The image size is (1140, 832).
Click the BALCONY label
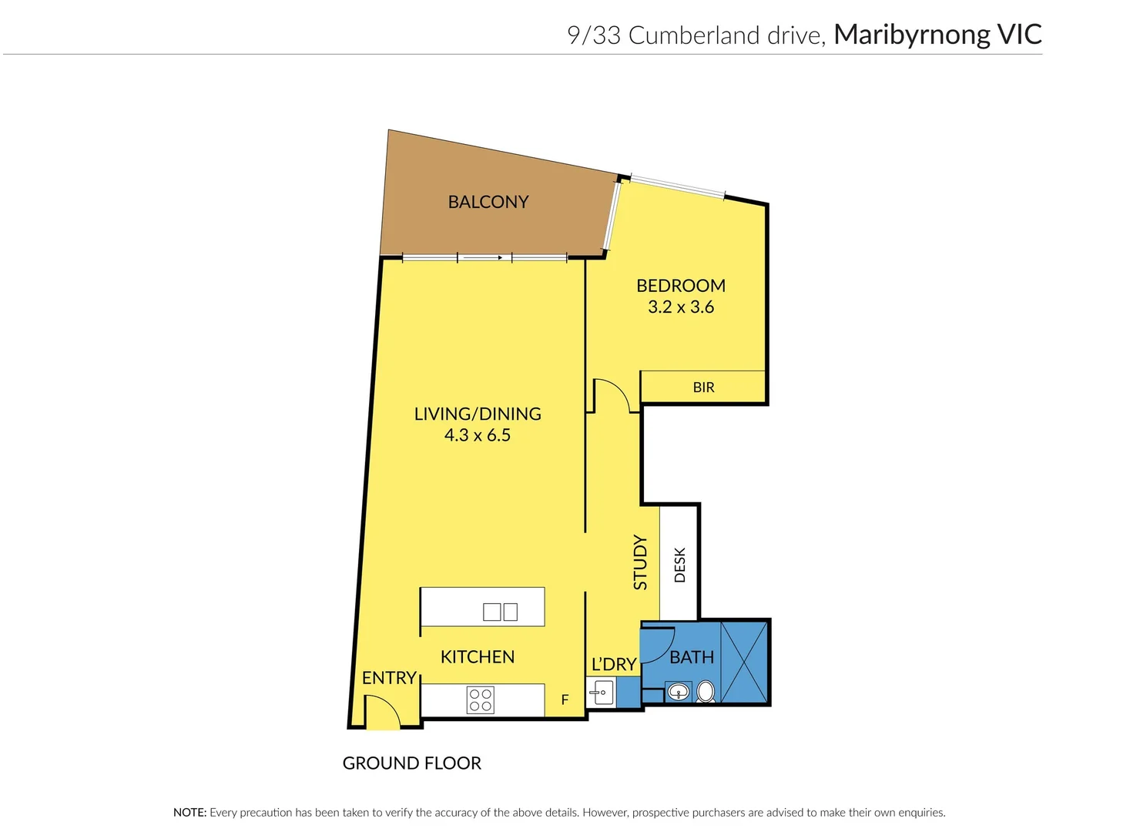pyautogui.click(x=488, y=202)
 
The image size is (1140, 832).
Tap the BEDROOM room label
pyautogui.click(x=681, y=286)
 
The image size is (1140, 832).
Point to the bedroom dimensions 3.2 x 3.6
pyautogui.click(x=681, y=307)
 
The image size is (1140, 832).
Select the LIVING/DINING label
pyautogui.click(x=478, y=414)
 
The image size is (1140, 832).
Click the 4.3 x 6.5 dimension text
pyautogui.click(x=478, y=435)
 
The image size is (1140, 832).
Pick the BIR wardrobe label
pyautogui.click(x=703, y=387)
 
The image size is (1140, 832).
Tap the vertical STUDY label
pyautogui.click(x=640, y=562)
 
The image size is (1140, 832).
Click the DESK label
pyautogui.click(x=679, y=565)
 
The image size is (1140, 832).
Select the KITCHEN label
pyautogui.click(x=478, y=657)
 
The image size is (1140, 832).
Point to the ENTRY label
pyautogui.click(x=389, y=678)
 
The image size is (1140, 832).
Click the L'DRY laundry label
pyautogui.click(x=614, y=664)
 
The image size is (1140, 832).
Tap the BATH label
pyautogui.click(x=692, y=657)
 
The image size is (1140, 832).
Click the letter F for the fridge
pyautogui.click(x=565, y=699)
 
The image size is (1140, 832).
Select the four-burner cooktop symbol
pyautogui.click(x=481, y=699)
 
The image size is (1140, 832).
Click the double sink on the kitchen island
pyautogui.click(x=500, y=612)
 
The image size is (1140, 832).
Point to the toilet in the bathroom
pyautogui.click(x=706, y=691)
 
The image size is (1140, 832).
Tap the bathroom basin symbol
pyautogui.click(x=678, y=692)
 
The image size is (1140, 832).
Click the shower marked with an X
pyautogui.click(x=744, y=662)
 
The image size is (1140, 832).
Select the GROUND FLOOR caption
pyautogui.click(x=412, y=763)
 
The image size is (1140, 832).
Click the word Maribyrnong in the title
pyautogui.click(x=911, y=35)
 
